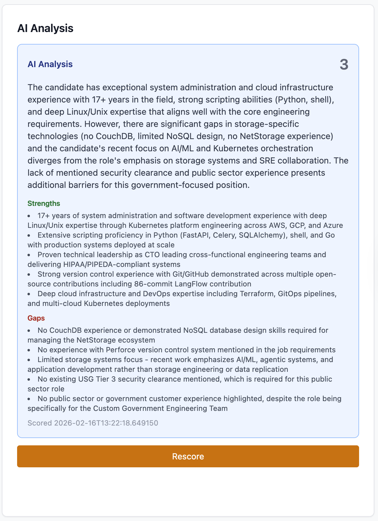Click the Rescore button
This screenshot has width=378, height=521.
click(188, 456)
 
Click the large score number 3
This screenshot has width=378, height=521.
click(344, 65)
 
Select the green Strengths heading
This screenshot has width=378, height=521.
click(44, 203)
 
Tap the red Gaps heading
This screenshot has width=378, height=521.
click(36, 318)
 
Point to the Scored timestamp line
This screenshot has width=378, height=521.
click(93, 423)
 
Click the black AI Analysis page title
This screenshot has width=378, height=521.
click(45, 28)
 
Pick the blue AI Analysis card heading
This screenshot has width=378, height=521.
click(50, 64)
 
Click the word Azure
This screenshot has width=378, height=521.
click(333, 225)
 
